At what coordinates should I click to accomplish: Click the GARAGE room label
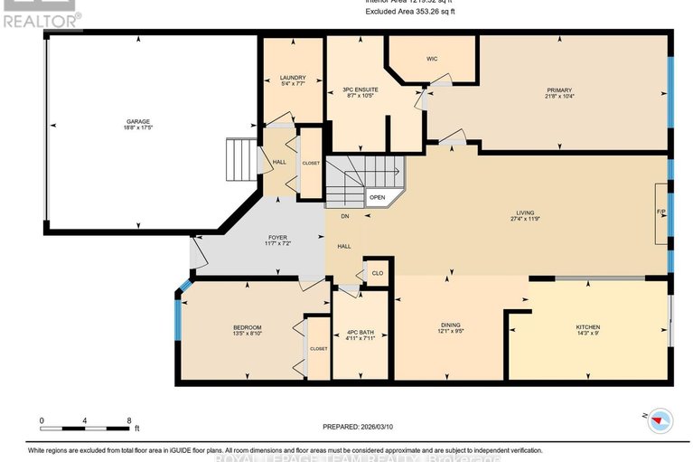click(x=139, y=125)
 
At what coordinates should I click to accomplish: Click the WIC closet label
click(x=432, y=60)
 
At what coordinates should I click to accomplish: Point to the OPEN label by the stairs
click(x=377, y=197)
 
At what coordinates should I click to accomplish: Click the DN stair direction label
click(x=344, y=217)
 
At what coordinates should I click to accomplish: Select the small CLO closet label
click(x=376, y=272)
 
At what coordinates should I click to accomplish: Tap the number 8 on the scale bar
click(x=129, y=420)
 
